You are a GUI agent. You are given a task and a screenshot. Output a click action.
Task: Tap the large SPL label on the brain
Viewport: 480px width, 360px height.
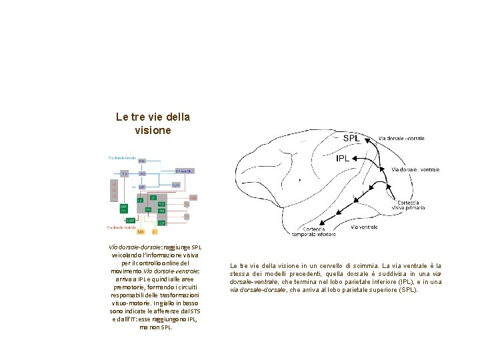pyautogui.click(x=351, y=139)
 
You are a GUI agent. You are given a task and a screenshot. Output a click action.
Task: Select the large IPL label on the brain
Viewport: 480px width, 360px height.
pyautogui.click(x=342, y=159)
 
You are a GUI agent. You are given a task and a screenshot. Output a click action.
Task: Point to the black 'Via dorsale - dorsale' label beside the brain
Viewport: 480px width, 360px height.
pyautogui.click(x=401, y=138)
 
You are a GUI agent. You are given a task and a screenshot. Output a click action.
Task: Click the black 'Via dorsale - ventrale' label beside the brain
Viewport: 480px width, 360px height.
pyautogui.click(x=415, y=170)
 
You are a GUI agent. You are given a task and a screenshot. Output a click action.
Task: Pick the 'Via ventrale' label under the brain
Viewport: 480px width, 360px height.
pyautogui.click(x=364, y=227)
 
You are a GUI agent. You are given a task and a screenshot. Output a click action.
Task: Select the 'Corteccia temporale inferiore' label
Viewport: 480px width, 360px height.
pyautogui.click(x=314, y=231)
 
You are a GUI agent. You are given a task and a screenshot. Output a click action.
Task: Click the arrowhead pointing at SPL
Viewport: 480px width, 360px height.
pyautogui.click(x=363, y=139)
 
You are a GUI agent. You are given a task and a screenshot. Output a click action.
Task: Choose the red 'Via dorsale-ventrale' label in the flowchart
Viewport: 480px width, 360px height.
pyautogui.click(x=122, y=227)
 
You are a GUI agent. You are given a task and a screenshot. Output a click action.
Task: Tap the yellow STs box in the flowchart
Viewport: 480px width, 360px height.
pyautogui.click(x=141, y=232)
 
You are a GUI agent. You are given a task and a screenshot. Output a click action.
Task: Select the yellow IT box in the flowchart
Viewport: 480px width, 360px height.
pyautogui.click(x=155, y=232)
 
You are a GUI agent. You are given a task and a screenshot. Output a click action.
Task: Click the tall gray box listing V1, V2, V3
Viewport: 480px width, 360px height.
pyautogui.click(x=114, y=189)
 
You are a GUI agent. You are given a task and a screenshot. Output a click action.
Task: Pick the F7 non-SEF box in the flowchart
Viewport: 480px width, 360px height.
pyautogui.click(x=185, y=171)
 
